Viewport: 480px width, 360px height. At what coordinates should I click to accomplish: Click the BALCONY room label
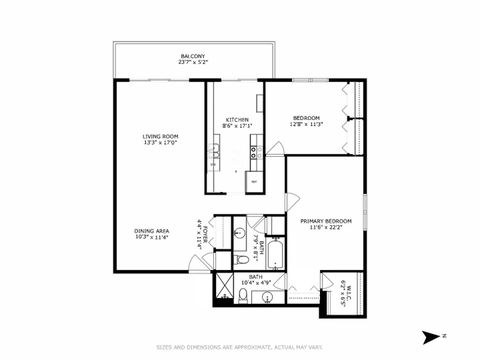tap(193, 55)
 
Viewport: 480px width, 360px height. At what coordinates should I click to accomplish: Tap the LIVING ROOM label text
tap(160, 135)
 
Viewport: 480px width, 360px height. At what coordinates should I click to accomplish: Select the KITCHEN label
tap(237, 119)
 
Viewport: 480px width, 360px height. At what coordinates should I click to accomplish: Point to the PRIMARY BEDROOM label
tap(326, 221)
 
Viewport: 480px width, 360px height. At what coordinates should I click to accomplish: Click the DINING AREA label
tap(152, 231)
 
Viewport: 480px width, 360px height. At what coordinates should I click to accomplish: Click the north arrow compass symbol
tap(431, 335)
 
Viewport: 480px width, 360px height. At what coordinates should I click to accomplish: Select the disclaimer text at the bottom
tap(240, 347)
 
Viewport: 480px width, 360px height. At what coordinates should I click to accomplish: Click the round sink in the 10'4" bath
tap(239, 234)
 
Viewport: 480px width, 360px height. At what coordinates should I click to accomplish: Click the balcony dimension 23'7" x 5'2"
tap(193, 62)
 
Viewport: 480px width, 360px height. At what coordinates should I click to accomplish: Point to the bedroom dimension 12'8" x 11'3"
tap(306, 125)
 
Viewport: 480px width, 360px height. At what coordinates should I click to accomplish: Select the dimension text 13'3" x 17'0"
tap(160, 142)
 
